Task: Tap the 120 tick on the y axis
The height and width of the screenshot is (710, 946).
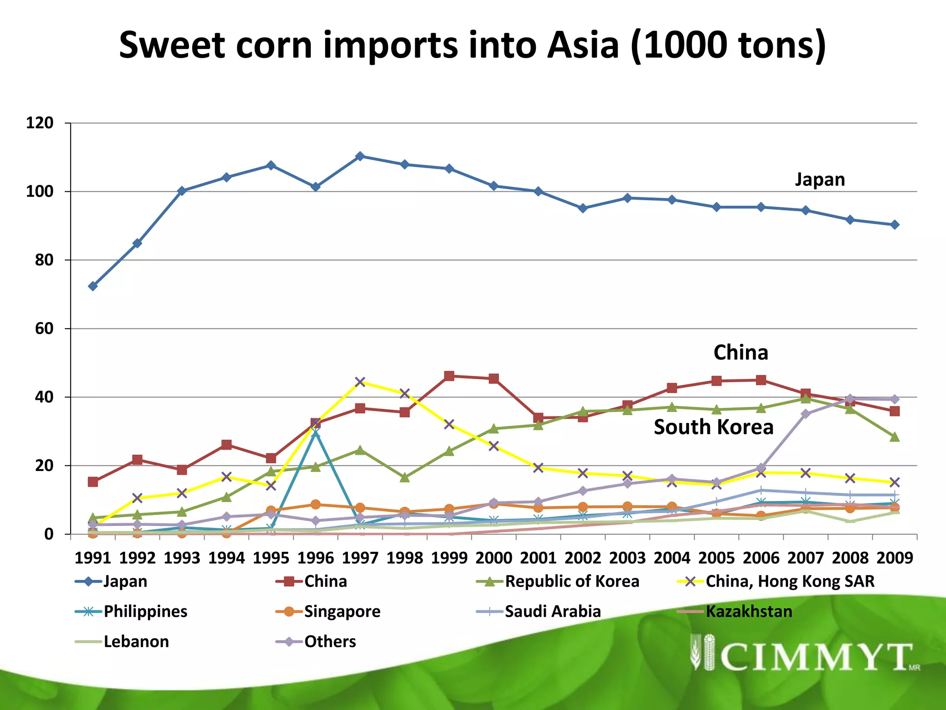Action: (x=40, y=123)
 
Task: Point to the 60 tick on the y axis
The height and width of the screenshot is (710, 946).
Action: (x=44, y=329)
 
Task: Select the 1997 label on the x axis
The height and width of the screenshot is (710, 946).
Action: (x=360, y=558)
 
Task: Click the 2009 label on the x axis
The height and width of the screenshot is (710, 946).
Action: (x=895, y=558)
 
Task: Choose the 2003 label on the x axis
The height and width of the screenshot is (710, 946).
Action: (x=627, y=558)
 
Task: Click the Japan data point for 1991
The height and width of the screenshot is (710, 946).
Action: (x=93, y=286)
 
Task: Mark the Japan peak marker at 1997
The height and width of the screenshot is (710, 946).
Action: (x=360, y=156)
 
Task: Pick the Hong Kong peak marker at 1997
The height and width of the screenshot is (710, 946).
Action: (x=360, y=382)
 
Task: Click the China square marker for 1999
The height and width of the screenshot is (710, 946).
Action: (x=449, y=376)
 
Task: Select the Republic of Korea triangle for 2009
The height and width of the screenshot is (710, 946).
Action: (x=895, y=437)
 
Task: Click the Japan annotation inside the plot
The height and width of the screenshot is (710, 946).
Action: (x=820, y=179)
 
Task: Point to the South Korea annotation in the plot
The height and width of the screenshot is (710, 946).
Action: (x=713, y=427)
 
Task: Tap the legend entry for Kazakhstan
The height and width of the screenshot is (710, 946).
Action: (x=748, y=612)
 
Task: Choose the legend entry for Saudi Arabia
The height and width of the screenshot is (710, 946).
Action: (x=552, y=612)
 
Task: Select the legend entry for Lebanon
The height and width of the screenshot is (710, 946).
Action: (x=136, y=642)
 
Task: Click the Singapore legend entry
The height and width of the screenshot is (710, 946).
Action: (x=342, y=612)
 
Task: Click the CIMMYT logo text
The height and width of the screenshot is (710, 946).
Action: (x=815, y=657)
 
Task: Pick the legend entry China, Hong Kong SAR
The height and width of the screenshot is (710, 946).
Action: (x=790, y=581)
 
